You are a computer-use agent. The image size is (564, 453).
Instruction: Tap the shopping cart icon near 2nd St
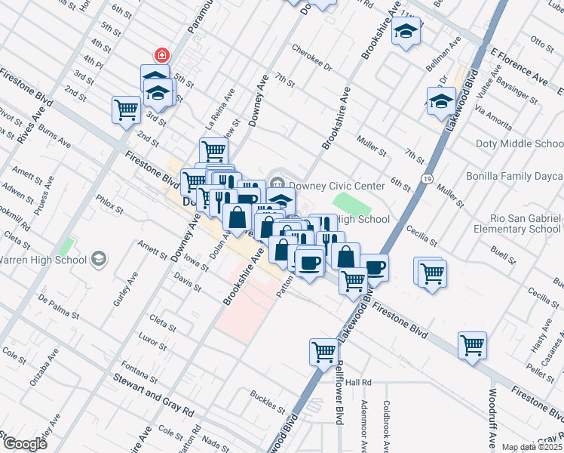tap(126, 109)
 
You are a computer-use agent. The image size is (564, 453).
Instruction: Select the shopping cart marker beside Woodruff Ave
tap(472, 346)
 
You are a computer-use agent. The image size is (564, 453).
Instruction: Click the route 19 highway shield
tap(427, 178)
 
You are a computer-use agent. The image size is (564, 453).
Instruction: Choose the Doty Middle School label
tap(519, 143)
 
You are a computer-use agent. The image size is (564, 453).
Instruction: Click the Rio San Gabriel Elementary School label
tap(517, 223)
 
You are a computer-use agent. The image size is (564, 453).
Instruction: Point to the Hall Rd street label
tap(360, 383)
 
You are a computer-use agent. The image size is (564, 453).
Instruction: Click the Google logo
tap(25, 444)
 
